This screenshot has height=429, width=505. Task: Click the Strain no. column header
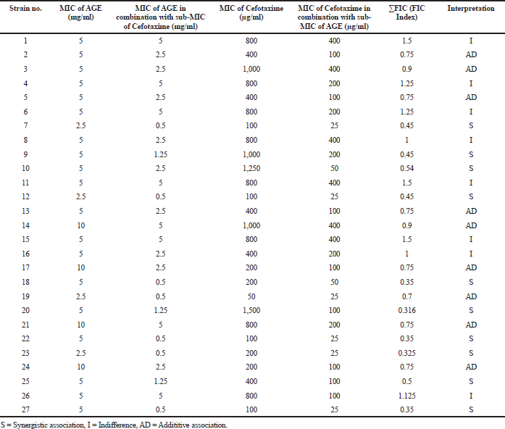25,9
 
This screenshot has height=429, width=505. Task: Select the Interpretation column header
471,9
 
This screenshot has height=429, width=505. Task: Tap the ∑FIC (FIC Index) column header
406,12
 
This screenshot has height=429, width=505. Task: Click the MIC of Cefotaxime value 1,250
251,168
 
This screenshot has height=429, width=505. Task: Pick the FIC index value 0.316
406,310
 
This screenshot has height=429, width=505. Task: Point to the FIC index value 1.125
406,396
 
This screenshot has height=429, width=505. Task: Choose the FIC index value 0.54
406,168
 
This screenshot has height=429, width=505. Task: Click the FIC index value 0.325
406,353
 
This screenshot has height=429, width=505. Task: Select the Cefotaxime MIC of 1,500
251,310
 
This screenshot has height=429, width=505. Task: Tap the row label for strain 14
25,225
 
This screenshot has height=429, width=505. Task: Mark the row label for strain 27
25,409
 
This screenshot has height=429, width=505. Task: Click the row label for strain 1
25,41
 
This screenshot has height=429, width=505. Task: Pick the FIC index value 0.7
406,296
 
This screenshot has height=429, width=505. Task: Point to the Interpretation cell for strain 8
471,140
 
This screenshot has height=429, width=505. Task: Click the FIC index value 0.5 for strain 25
406,381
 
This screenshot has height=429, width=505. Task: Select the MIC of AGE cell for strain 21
81,325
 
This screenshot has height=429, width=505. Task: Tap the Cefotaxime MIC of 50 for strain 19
251,296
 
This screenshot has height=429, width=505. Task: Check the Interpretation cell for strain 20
471,310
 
